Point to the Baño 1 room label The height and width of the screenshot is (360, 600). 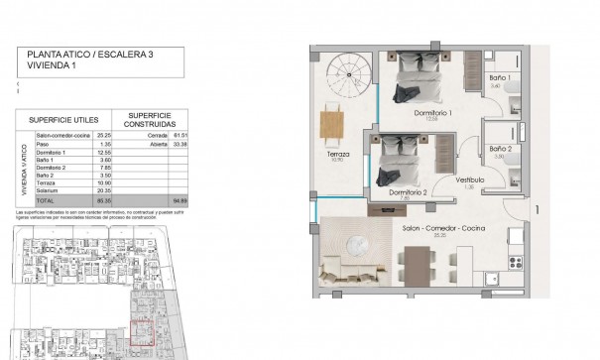click(x=498, y=77)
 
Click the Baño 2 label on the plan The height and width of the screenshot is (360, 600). click(x=501, y=150)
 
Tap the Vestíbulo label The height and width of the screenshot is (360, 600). click(x=470, y=180)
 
